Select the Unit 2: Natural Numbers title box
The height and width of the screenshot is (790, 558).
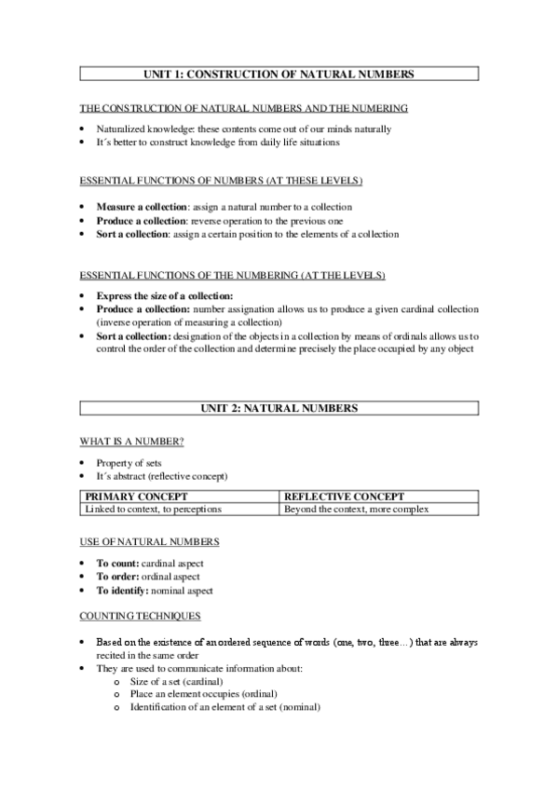[x=279, y=408]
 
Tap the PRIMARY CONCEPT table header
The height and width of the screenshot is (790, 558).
[x=136, y=497]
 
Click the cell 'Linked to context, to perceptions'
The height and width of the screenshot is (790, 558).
[x=158, y=510]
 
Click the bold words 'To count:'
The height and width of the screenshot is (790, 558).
[x=118, y=564]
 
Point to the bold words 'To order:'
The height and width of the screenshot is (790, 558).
[x=118, y=577]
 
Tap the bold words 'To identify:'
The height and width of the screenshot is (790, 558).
[x=124, y=591]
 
